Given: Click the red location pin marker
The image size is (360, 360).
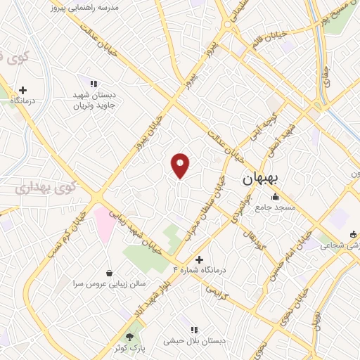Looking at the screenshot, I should (181, 165).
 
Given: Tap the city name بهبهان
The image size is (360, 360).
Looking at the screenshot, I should (261, 179).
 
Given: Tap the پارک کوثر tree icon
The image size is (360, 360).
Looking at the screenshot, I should (129, 336).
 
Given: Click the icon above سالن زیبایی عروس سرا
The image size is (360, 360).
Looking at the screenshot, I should (109, 273).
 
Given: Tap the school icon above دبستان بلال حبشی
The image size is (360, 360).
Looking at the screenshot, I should (193, 329).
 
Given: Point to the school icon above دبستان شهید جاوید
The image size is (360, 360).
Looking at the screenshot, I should (94, 84).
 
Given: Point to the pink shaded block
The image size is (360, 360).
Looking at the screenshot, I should (104, 221).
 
